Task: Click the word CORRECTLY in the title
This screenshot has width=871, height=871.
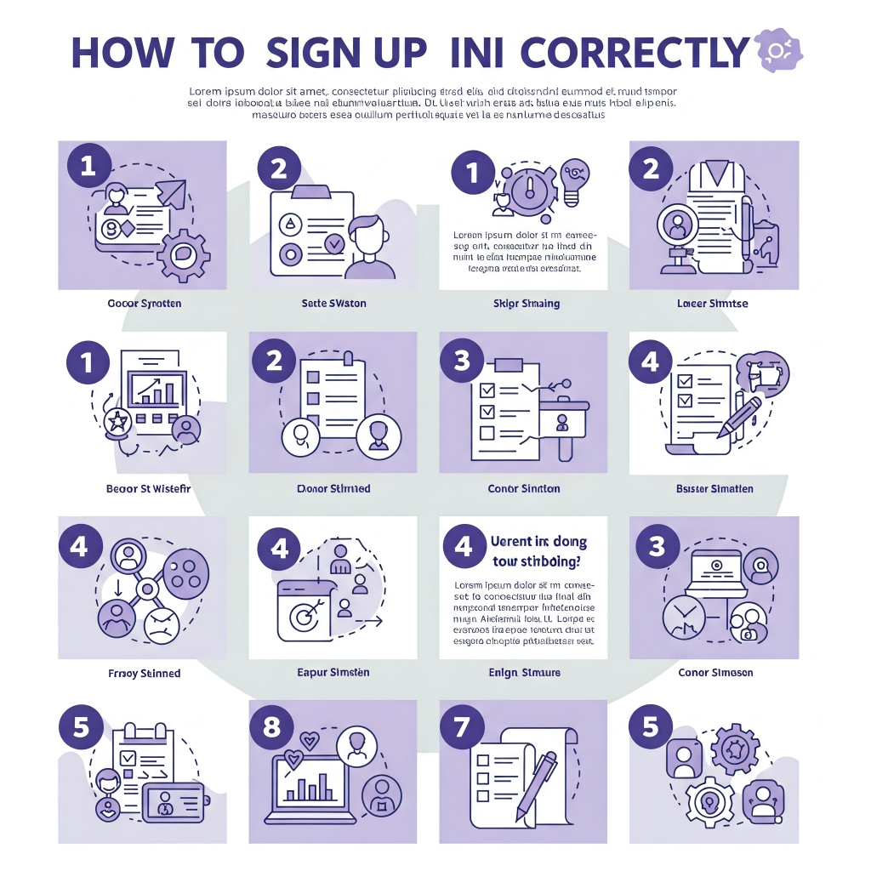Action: (635, 53)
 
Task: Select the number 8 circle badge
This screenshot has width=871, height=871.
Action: (272, 727)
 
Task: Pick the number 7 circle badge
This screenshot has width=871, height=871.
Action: (462, 727)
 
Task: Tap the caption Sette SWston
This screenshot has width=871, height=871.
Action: (333, 304)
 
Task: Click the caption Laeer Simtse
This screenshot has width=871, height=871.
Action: (713, 304)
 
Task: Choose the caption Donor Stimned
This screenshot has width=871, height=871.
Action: (333, 489)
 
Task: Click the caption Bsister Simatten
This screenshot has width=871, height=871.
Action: (714, 489)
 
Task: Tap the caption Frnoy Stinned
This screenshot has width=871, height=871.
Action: (144, 674)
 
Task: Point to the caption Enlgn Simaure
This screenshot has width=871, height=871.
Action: (525, 673)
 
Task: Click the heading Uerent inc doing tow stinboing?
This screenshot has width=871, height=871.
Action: (538, 551)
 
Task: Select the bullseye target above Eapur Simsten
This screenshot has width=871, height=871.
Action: (303, 616)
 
